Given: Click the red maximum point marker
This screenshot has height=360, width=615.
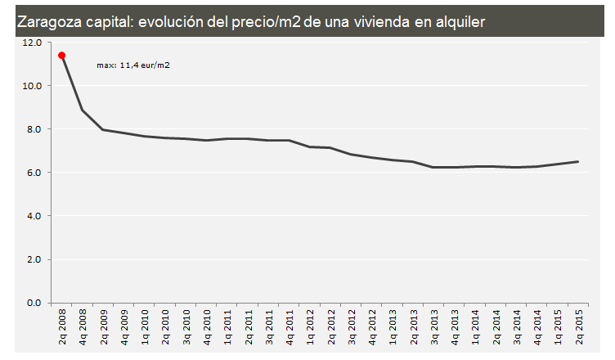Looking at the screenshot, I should click(x=61, y=56).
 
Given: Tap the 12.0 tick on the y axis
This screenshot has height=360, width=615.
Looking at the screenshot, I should click(x=33, y=42).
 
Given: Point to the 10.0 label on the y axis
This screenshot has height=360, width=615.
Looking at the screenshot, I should click(x=33, y=85).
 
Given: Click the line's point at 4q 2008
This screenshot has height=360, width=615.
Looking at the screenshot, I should click(x=83, y=110).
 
